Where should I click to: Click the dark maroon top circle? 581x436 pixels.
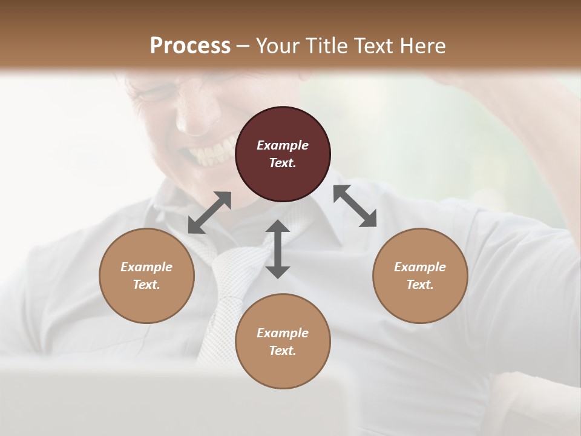click(283, 154)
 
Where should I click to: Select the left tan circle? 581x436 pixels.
click(146, 276)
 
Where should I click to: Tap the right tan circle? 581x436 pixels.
click(420, 276)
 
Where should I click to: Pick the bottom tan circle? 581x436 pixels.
click(283, 342)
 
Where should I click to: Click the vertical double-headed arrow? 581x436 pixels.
click(278, 249)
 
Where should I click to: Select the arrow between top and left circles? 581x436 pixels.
click(209, 213)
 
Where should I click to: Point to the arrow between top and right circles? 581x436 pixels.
click(355, 206)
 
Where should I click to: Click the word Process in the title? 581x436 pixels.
click(190, 45)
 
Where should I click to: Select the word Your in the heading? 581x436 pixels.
click(275, 45)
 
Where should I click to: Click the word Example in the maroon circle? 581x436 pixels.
click(283, 145)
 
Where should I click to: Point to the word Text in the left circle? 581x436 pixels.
click(146, 285)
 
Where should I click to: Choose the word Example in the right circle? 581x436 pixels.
click(420, 267)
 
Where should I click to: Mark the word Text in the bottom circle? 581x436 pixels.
click(283, 351)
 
